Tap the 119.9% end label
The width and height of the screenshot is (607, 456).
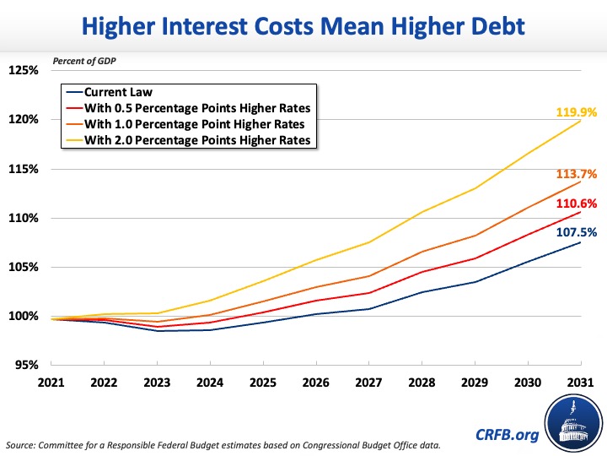tap(576, 111)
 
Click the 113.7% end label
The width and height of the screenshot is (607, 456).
tap(576, 174)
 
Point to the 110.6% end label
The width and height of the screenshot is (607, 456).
tap(576, 204)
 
